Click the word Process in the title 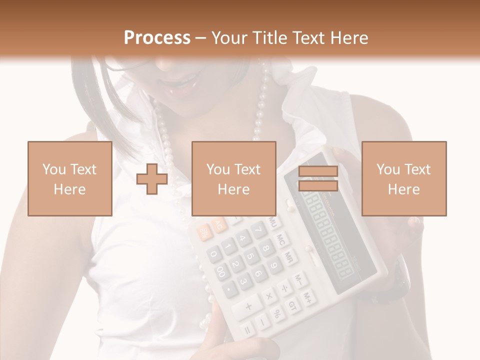[157, 37]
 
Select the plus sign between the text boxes [152, 179]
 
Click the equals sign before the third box [318, 178]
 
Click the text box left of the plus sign [70, 178]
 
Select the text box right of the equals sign [404, 178]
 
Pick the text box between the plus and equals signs [234, 178]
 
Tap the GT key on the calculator [292, 305]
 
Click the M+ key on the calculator [309, 298]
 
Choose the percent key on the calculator [276, 314]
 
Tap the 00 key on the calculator [221, 271]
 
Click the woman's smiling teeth [184, 80]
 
